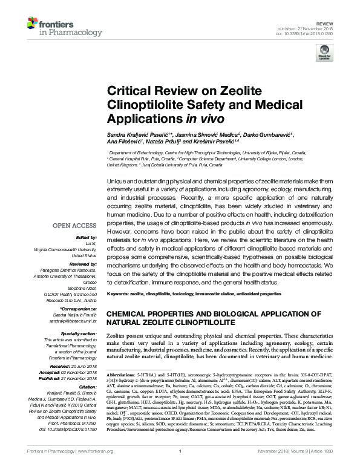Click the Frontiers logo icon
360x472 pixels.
click(x=33, y=24)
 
